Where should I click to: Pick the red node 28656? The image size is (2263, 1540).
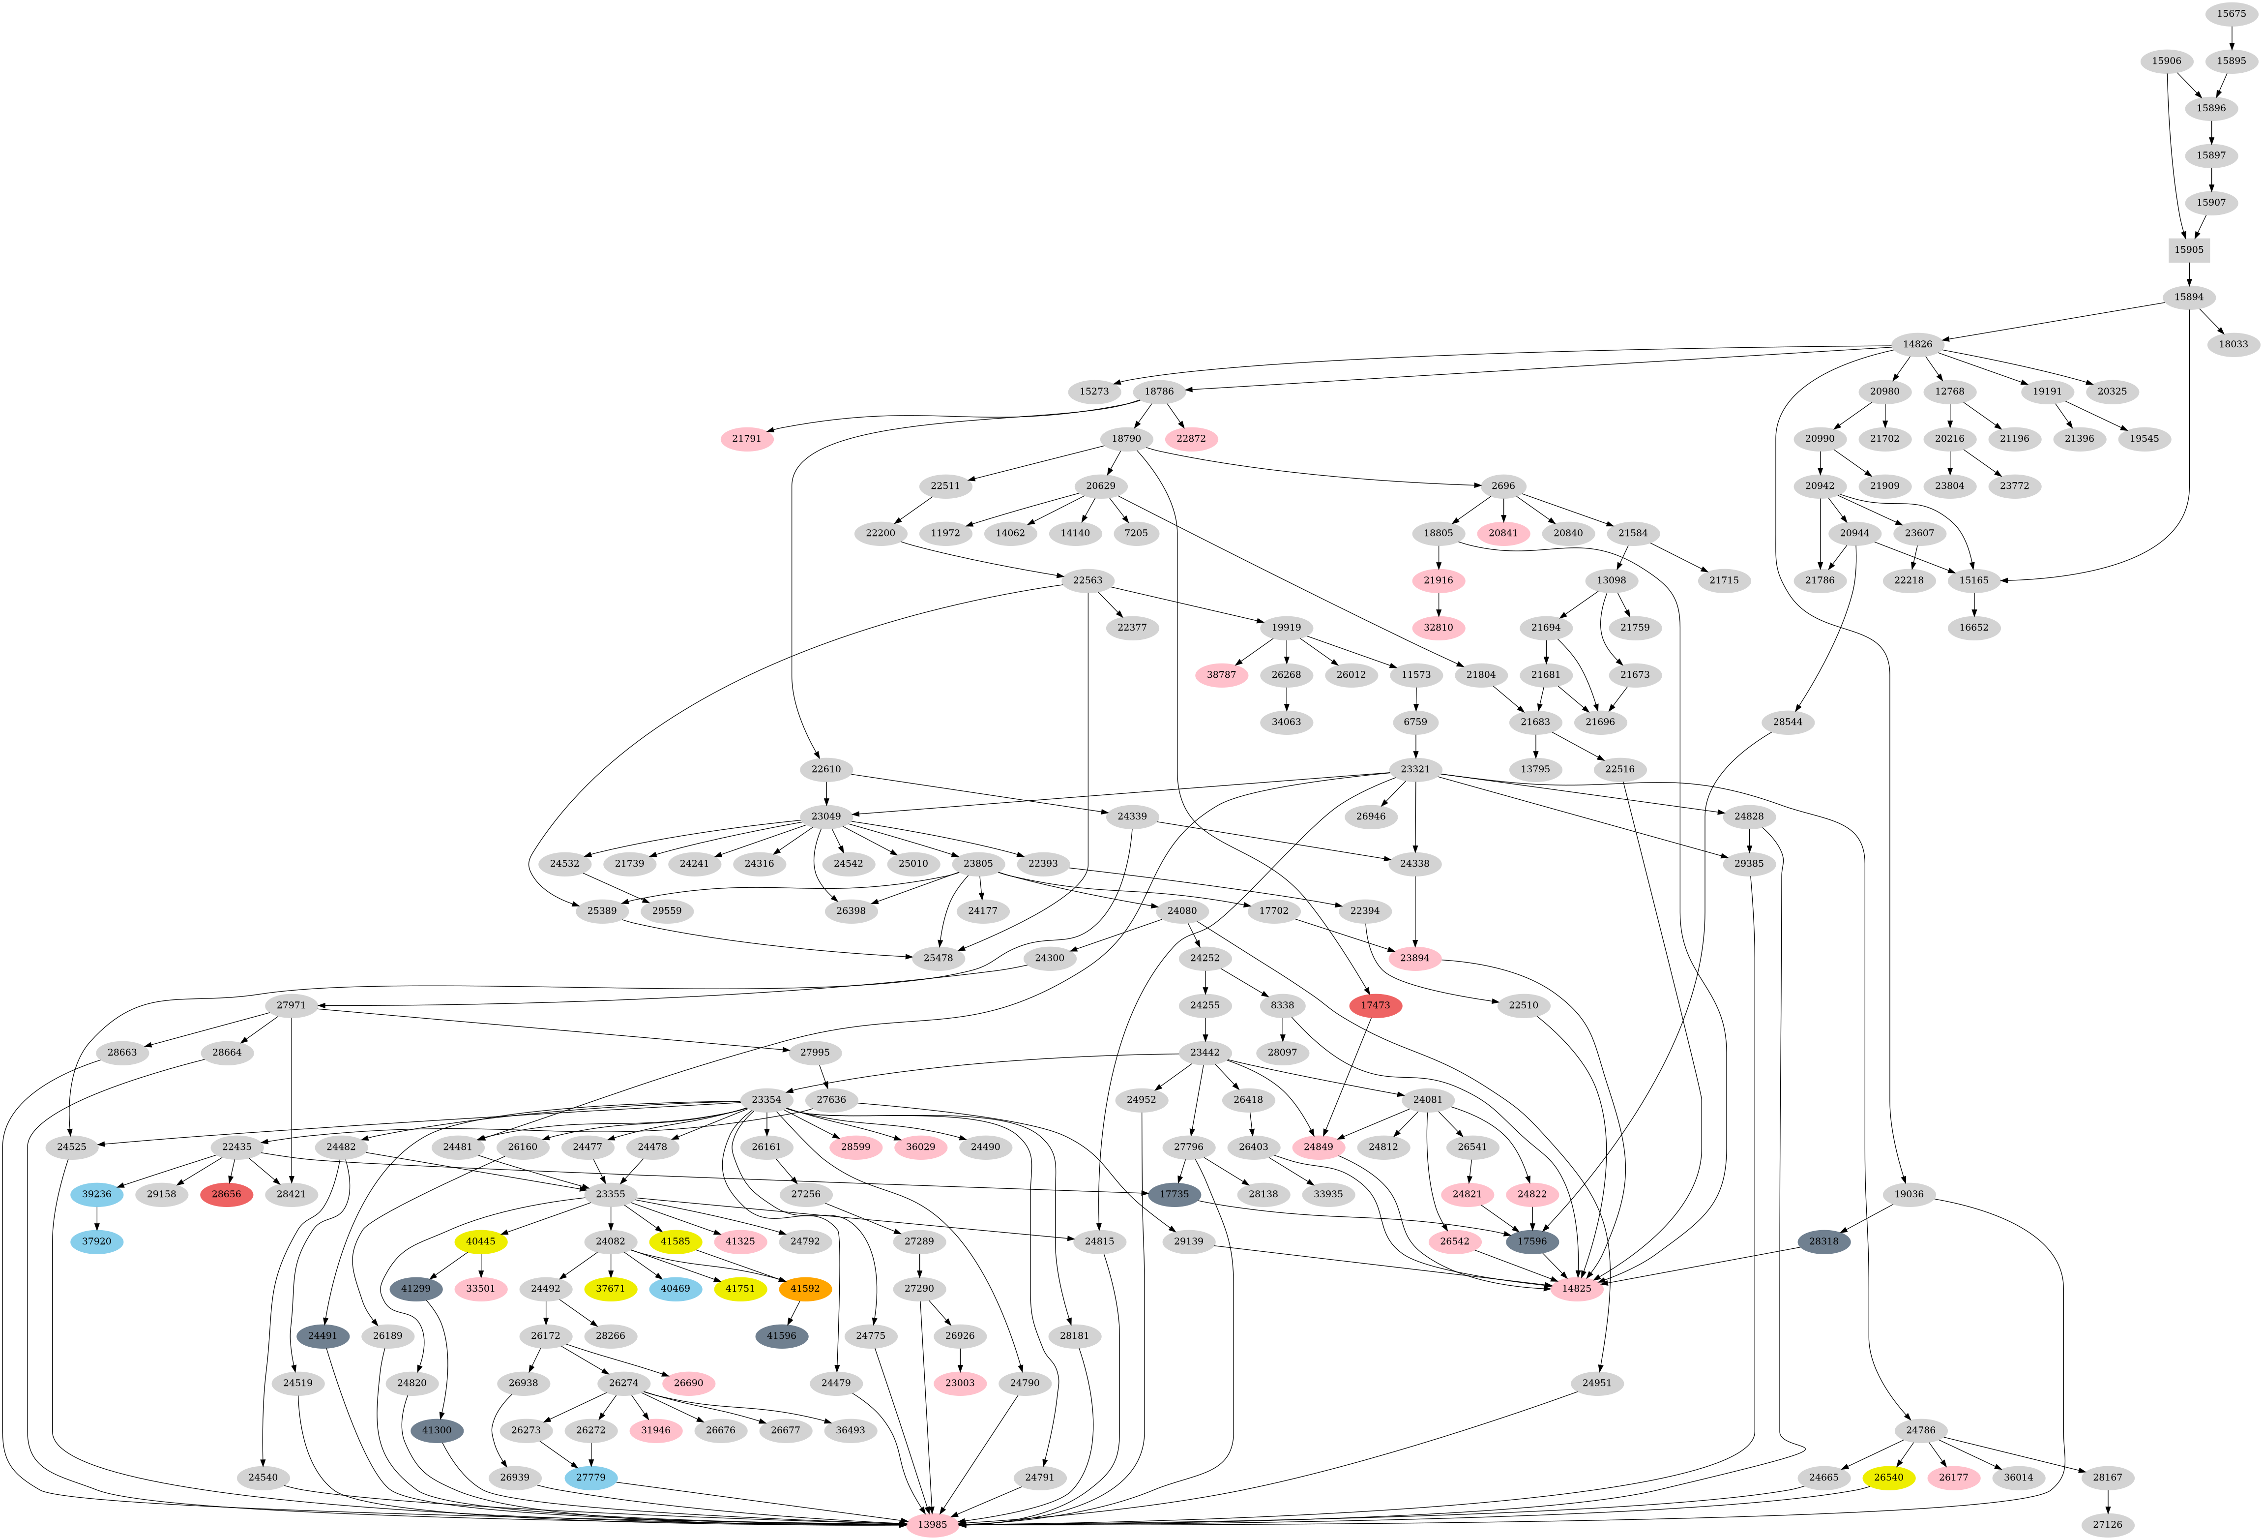point(226,1194)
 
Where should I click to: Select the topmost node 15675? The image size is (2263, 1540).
point(2231,14)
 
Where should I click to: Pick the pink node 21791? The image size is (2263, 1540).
point(747,438)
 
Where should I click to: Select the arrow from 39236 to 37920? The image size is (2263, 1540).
point(96,1217)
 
